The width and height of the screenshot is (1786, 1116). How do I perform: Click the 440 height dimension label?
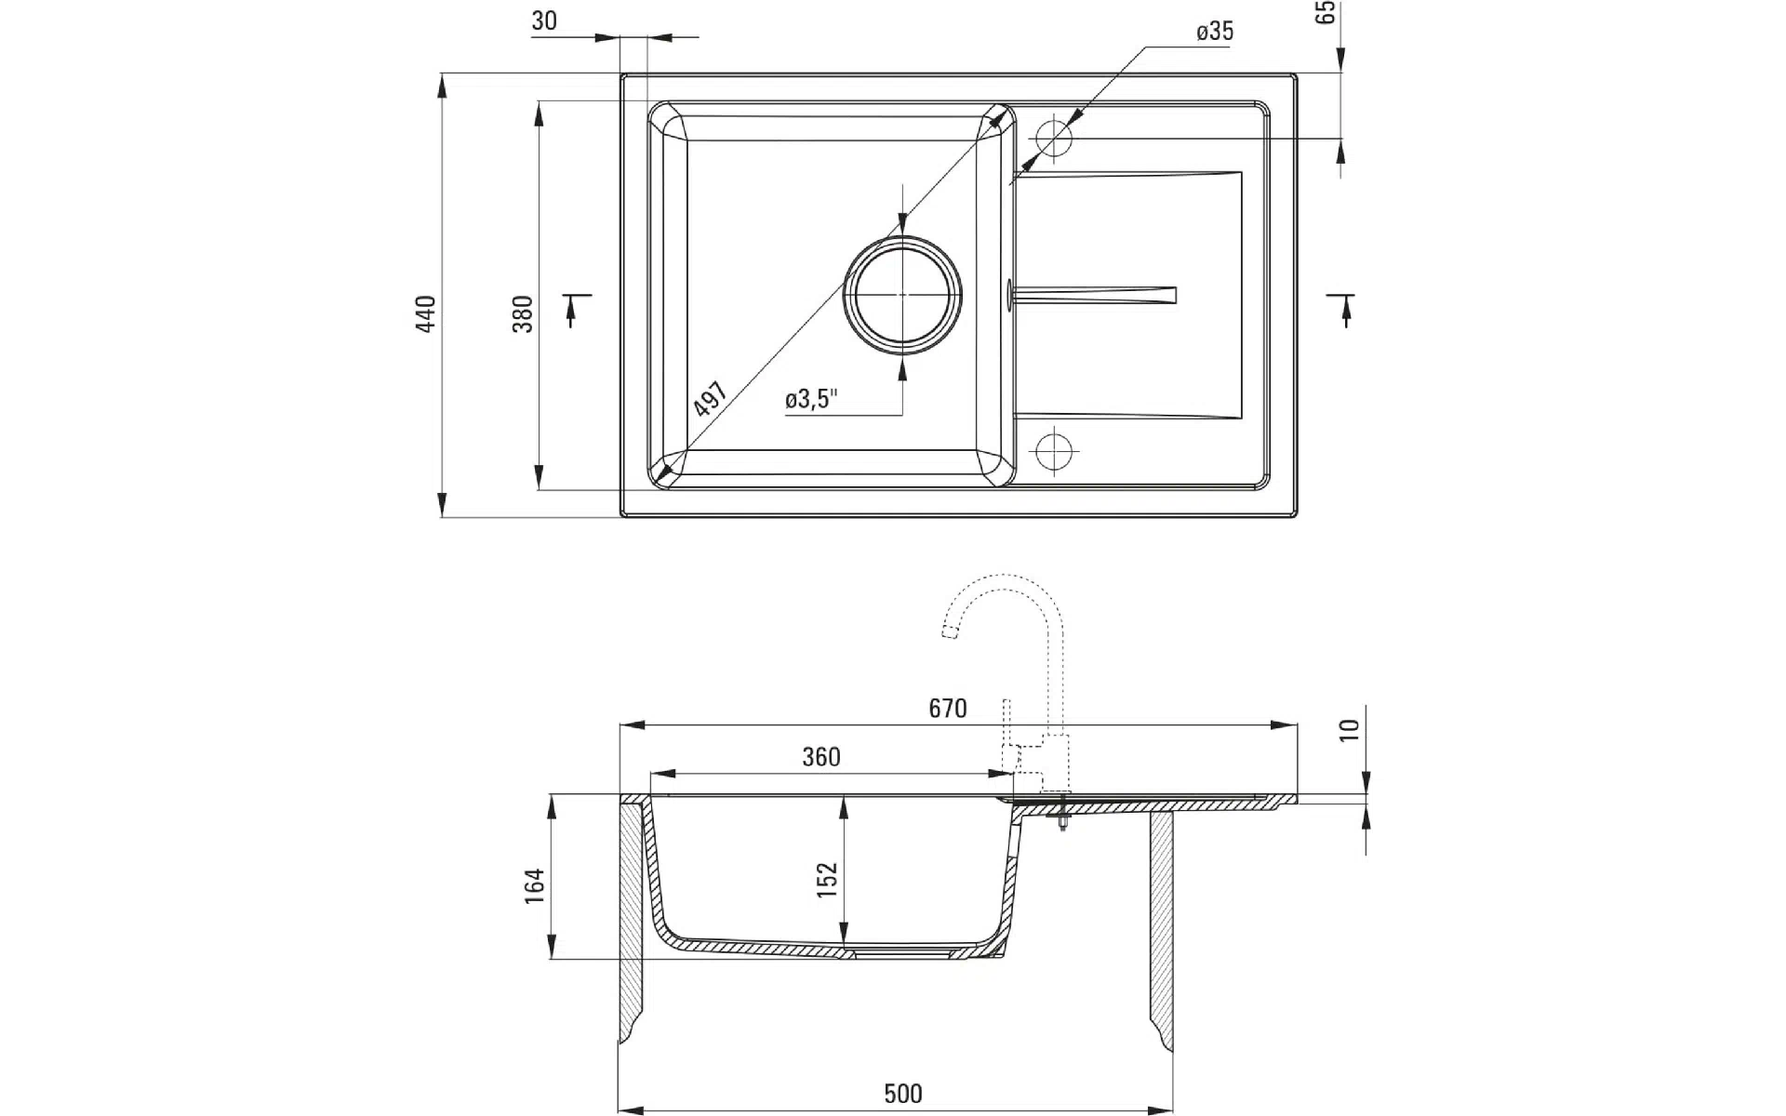point(426,314)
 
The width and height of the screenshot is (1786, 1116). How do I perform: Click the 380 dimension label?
point(523,314)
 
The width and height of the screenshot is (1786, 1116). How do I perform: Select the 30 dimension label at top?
point(544,20)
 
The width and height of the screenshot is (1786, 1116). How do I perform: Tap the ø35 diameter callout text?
point(1215,32)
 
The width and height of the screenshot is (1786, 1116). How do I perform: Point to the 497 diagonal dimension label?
point(711,399)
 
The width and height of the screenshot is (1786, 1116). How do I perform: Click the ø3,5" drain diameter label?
point(812,400)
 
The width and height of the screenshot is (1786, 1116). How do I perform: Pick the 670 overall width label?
point(948,709)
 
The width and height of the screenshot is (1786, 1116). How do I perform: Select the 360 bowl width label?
point(821,757)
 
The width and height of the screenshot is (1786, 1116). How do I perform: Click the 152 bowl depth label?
point(827,880)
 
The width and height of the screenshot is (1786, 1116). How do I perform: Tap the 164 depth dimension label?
point(534,886)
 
